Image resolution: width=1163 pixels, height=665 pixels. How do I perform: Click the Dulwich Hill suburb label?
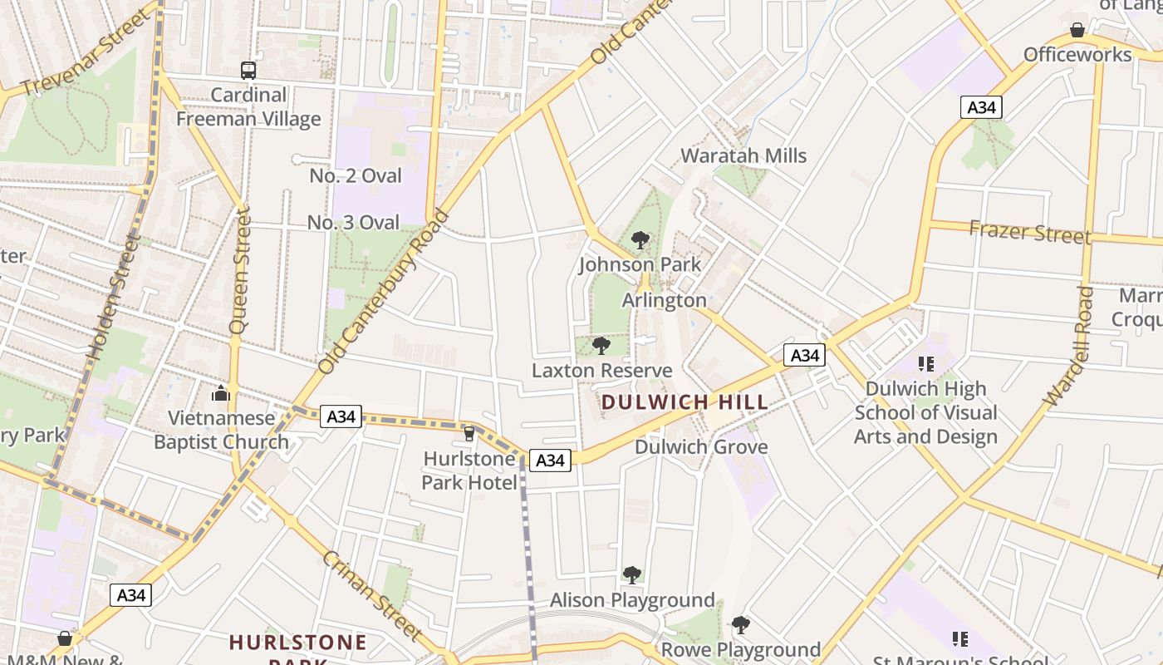[x=685, y=402]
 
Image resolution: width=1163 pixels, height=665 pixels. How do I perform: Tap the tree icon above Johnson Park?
[x=640, y=240]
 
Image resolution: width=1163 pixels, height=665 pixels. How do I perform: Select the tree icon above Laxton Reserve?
[x=601, y=346]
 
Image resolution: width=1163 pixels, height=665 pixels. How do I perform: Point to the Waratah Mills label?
[x=743, y=155]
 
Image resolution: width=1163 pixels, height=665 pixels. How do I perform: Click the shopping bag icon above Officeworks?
[x=1077, y=30]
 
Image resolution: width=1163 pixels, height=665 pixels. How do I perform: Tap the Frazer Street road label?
[x=1030, y=232]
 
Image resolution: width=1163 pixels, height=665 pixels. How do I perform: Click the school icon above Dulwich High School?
[x=926, y=363]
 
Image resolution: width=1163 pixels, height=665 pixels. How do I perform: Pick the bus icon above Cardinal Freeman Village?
[x=248, y=71]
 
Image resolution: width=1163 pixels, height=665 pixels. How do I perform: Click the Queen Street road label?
[x=240, y=271]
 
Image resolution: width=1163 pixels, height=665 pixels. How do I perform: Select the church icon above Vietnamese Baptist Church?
[x=221, y=392]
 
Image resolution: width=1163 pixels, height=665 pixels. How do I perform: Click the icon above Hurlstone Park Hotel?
[x=469, y=433]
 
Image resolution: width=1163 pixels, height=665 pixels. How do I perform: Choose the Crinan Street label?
[x=373, y=594]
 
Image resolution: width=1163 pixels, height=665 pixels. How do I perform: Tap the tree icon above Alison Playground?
[x=631, y=574]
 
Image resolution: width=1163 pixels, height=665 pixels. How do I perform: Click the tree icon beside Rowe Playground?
[x=740, y=624]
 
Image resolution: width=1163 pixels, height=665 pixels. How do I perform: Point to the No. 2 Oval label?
[x=356, y=176]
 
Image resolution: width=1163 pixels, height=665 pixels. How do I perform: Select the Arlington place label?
[x=665, y=300]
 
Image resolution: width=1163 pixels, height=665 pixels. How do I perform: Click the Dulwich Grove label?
[x=701, y=447]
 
